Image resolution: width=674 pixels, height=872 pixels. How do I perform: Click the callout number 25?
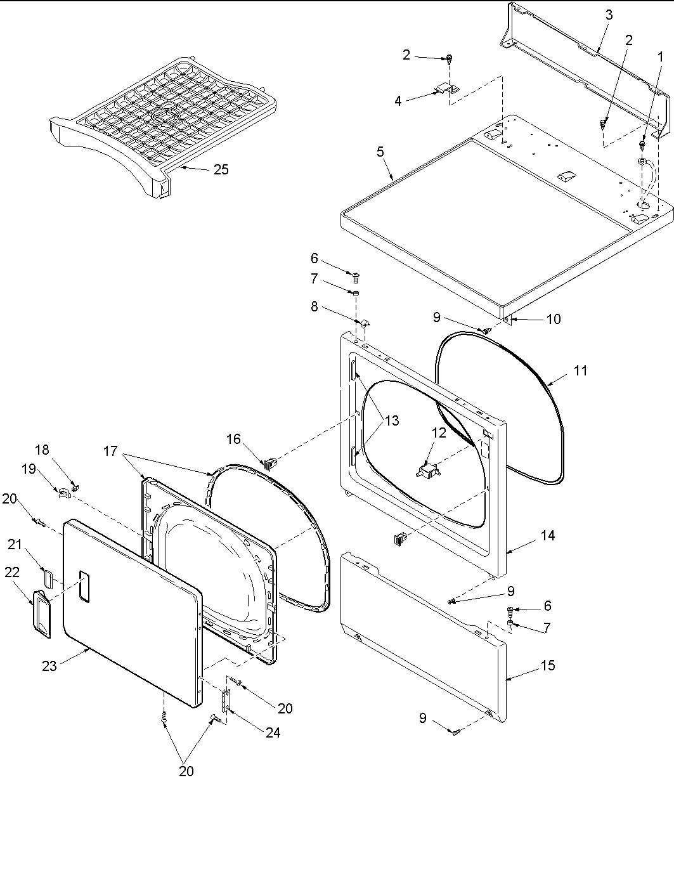click(221, 169)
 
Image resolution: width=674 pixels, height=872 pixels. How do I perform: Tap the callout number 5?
click(380, 152)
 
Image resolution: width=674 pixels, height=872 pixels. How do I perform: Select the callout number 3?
click(609, 15)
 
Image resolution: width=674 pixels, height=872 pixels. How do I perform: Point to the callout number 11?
click(581, 371)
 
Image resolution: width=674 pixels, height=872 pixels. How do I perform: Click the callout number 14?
click(548, 535)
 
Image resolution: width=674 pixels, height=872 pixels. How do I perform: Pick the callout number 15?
click(548, 665)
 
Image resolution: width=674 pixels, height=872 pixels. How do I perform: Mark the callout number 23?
click(49, 665)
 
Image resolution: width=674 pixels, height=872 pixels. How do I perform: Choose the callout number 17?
click(110, 451)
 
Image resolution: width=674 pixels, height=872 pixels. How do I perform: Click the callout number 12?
click(439, 433)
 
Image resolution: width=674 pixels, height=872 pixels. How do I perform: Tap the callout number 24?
click(273, 732)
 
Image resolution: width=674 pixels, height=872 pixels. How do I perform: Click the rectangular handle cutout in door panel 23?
click(84, 586)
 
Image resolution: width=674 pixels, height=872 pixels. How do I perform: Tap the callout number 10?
click(553, 319)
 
